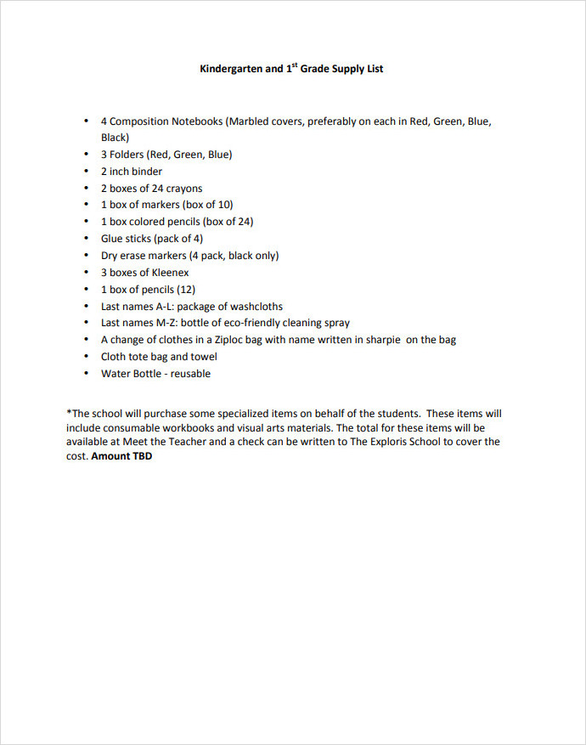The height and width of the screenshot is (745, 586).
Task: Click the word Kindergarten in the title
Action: point(230,69)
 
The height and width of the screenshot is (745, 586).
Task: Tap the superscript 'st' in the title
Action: point(291,65)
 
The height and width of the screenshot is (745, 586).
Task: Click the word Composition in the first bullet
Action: point(140,121)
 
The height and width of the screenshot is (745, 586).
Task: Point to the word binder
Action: point(147,172)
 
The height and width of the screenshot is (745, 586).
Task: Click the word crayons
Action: point(183,189)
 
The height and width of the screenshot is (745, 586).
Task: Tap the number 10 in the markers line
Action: point(223,205)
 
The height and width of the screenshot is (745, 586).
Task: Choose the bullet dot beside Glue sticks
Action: point(87,239)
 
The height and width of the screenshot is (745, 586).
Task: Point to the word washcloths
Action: point(253,306)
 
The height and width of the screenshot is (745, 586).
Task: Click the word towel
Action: point(203,357)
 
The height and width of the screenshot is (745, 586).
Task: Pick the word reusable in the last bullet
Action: point(190,374)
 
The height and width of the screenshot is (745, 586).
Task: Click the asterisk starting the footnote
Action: point(69,414)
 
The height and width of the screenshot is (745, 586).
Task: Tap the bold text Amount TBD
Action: point(121,456)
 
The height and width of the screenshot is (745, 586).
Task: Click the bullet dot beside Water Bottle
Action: point(87,374)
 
